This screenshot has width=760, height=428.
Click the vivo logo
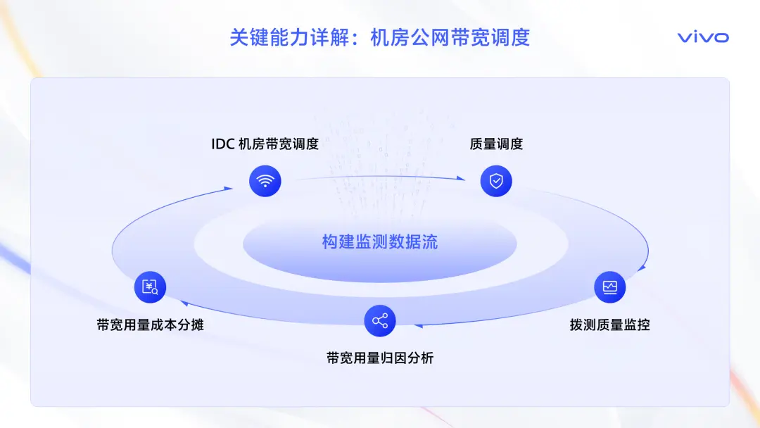(x=703, y=37)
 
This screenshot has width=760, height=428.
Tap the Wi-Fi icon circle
(x=265, y=181)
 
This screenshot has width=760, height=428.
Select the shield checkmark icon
(x=496, y=181)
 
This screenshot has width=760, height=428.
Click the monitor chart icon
(x=609, y=287)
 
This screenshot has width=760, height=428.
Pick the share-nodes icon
(x=380, y=320)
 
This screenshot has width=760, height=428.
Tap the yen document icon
(x=151, y=287)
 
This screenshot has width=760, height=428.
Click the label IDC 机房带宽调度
(x=265, y=144)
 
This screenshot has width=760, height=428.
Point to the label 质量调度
(x=496, y=144)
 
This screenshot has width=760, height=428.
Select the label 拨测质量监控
(x=609, y=325)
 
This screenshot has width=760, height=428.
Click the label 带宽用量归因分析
(x=380, y=358)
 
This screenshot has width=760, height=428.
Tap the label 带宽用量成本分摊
(x=151, y=325)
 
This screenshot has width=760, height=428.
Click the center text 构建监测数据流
(x=380, y=241)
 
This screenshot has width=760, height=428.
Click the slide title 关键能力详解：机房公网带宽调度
(x=380, y=37)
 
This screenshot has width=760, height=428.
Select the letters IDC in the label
(x=223, y=144)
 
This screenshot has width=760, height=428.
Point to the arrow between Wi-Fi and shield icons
(x=381, y=177)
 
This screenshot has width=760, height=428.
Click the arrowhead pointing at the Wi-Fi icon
(x=228, y=189)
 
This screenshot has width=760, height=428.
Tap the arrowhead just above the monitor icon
(x=642, y=267)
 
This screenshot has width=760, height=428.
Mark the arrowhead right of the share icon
(x=418, y=326)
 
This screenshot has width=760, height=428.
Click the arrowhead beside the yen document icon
(x=184, y=303)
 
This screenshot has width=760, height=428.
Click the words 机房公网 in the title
(x=410, y=37)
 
